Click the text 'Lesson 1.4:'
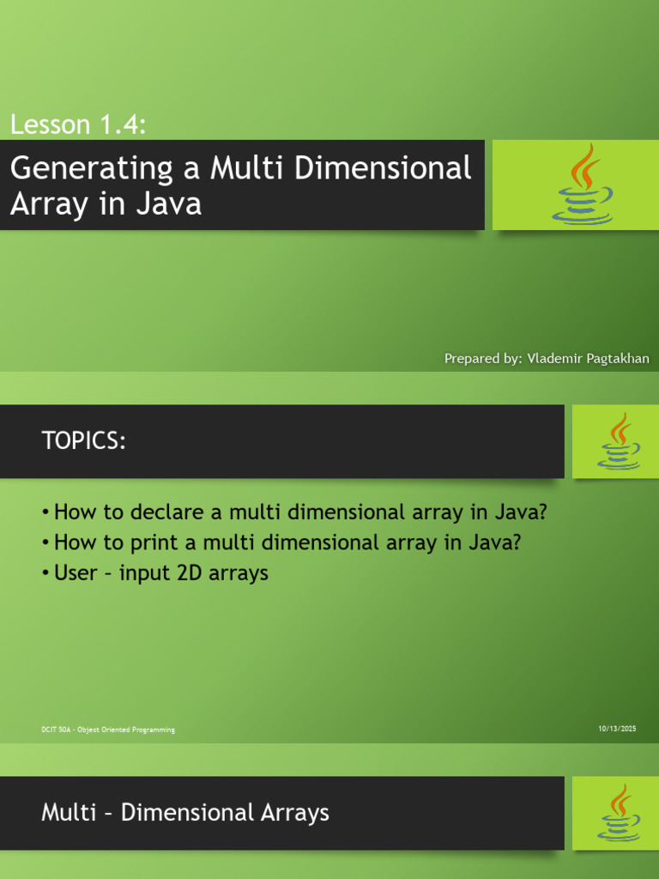78,124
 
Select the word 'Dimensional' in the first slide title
383,168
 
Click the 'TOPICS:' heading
84,441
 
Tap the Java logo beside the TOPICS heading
618,441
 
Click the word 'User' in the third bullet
75,573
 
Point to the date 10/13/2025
617,729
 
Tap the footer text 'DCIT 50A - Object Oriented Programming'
108,730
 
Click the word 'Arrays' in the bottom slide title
292,813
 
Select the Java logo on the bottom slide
618,813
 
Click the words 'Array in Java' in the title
106,203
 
